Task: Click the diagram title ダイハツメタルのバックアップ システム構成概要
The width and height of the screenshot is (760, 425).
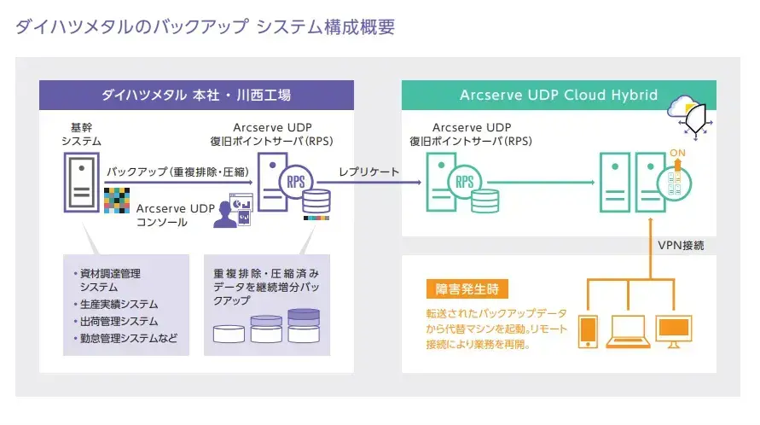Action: (205, 26)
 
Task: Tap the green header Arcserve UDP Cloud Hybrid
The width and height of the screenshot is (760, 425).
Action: (558, 94)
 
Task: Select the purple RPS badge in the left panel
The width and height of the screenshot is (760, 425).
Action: (296, 181)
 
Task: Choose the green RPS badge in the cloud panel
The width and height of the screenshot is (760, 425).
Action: (465, 181)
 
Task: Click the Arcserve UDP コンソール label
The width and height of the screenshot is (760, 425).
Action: (174, 215)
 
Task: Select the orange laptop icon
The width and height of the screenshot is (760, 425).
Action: (628, 332)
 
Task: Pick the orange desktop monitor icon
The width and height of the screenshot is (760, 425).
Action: (674, 330)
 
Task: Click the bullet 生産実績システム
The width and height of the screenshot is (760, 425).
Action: (119, 305)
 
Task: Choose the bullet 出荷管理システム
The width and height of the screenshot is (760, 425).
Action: (119, 322)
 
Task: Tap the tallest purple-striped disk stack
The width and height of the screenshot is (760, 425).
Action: (304, 325)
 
